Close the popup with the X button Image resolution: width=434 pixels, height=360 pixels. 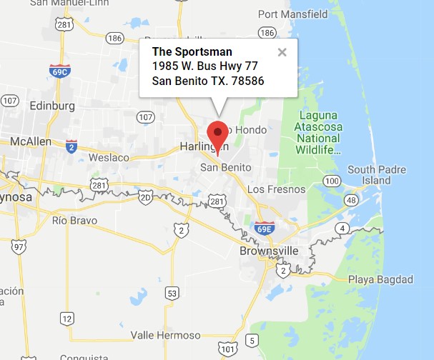tap(282, 52)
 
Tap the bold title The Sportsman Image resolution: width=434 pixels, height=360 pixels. tap(192, 51)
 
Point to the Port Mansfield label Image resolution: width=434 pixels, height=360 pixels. tap(292, 14)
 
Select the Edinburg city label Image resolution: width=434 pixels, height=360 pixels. tap(52, 106)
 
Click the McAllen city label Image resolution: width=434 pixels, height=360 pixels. tap(31, 141)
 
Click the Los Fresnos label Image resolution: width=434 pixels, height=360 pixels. tap(276, 189)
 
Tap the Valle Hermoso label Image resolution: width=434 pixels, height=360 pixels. tap(166, 335)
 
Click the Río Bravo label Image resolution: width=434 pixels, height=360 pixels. tap(74, 220)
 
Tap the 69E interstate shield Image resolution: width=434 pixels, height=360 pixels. tap(265, 228)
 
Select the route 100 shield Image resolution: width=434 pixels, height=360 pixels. tap(331, 181)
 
